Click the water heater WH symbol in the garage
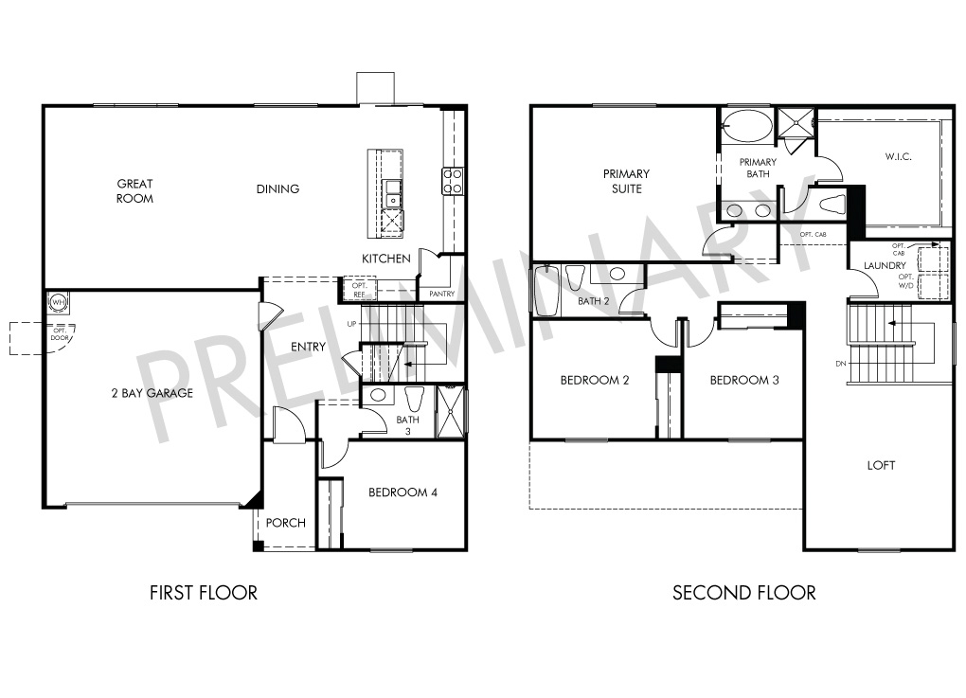58,302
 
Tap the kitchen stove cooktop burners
453,181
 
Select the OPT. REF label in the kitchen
359,290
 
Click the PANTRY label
441,294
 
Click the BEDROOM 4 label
402,492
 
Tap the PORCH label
286,523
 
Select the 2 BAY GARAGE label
152,393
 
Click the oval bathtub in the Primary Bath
747,126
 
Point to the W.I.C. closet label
898,156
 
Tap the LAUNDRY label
885,265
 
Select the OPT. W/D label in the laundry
905,281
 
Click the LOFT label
881,466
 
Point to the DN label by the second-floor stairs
841,364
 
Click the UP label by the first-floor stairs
351,324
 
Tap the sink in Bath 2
617,274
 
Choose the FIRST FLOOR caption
204,593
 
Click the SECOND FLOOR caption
744,593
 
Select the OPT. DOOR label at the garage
60,334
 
